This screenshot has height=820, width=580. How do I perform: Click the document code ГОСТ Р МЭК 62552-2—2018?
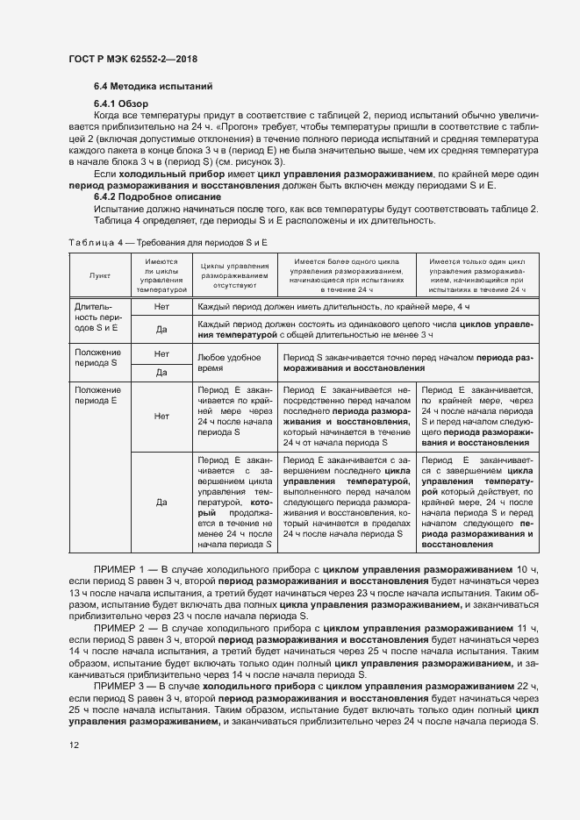coord(132,59)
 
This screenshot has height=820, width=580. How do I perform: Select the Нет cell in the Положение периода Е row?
coord(161,417)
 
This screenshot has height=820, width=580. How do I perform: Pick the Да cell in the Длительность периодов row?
coord(161,330)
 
